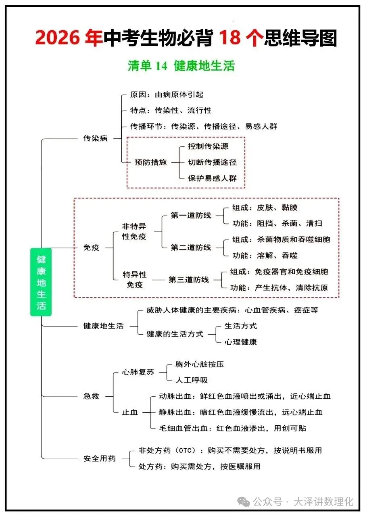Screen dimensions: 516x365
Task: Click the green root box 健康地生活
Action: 41,282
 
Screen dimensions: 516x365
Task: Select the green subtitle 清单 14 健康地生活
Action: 181,66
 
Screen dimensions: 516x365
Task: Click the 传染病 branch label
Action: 96,138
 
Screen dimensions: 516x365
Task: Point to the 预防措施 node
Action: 150,162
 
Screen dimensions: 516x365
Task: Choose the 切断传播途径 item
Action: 212,162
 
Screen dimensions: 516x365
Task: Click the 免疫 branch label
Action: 91,248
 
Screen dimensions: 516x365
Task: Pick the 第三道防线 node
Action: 189,279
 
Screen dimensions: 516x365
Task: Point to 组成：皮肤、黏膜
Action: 265,208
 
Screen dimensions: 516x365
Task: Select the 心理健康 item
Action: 241,342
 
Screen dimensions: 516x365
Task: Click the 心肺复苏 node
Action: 138,372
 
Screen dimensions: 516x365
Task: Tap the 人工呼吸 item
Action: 192,380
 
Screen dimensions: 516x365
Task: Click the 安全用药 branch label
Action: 100,458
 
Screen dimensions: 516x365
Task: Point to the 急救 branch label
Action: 91,396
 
